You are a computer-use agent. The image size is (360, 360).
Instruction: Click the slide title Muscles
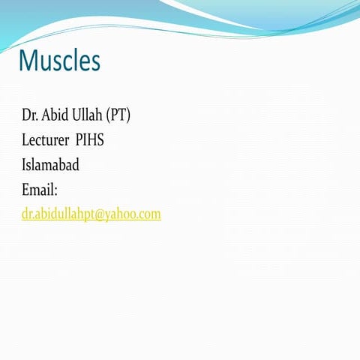[x=59, y=60]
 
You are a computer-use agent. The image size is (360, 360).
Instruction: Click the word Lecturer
[x=46, y=140]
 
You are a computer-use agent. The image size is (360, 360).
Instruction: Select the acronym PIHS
[x=90, y=140]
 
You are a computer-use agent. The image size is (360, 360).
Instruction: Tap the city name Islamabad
[x=50, y=165]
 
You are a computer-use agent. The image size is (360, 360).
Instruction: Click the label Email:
[x=40, y=190]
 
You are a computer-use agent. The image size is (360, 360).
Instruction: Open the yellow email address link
[x=91, y=214]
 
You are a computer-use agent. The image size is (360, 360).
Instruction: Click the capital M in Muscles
[x=28, y=60]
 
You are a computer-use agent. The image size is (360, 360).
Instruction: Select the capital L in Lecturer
[x=25, y=140]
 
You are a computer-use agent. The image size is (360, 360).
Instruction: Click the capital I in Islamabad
[x=24, y=165]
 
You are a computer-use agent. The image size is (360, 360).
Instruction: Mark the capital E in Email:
[x=25, y=190]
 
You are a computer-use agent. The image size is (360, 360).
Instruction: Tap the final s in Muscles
[x=95, y=62]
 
